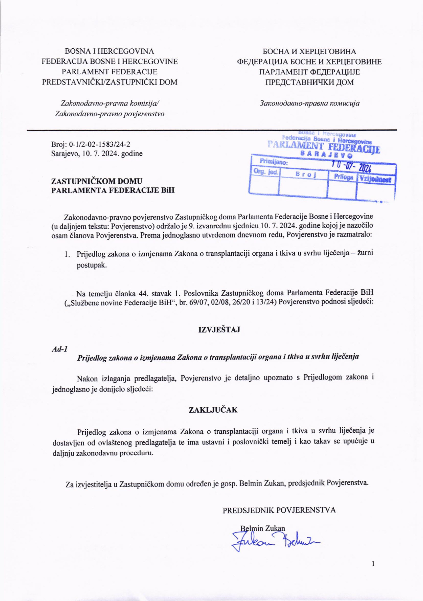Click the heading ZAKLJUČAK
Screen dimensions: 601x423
[x=213, y=417]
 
